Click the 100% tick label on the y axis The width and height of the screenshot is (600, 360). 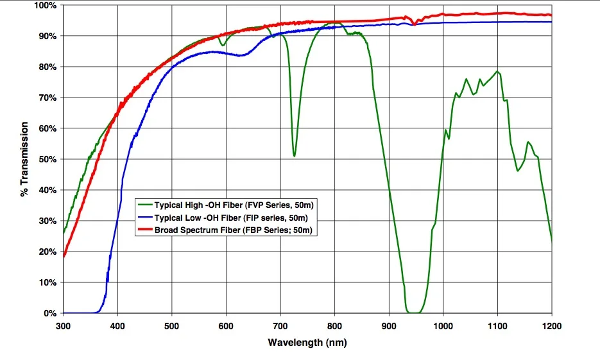coord(46,6)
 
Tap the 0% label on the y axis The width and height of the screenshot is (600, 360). coord(51,314)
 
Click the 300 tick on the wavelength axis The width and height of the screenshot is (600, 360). coord(63,325)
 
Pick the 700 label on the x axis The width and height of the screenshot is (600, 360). coord(280,325)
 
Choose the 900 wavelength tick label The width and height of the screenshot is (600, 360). coord(388,325)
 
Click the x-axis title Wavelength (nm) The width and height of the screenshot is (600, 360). coord(307,343)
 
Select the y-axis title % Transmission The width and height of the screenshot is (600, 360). coord(25,160)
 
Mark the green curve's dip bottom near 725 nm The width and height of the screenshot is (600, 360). coord(294,155)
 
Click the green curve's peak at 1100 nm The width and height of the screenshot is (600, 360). coord(497,71)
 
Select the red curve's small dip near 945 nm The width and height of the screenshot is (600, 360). coord(414,24)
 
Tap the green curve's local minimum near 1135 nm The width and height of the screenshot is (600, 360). coord(517,171)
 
